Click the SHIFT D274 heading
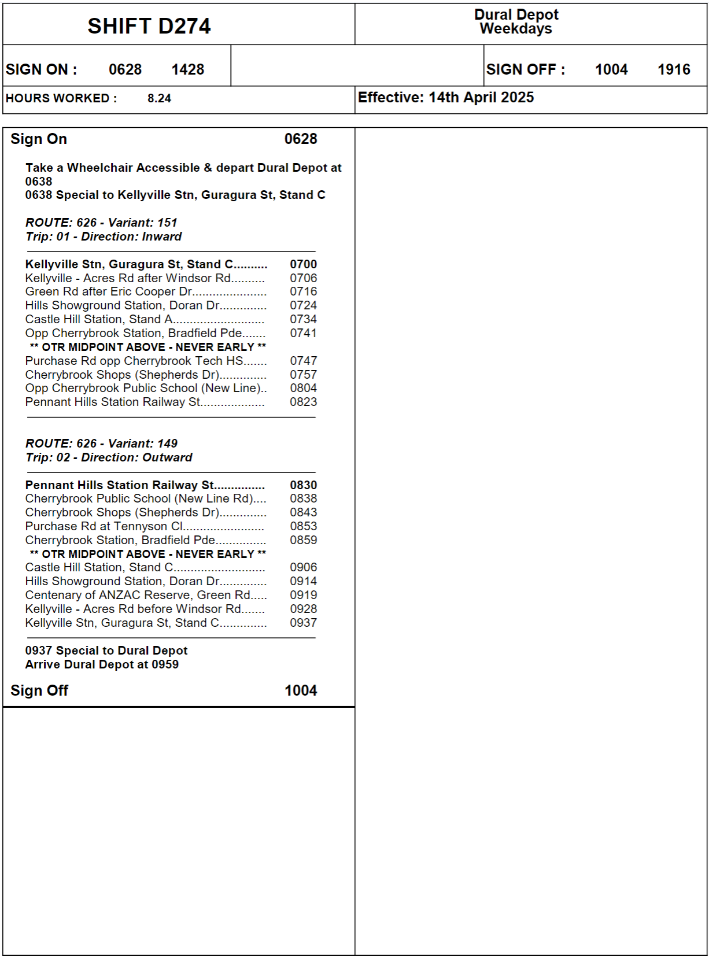point(149,26)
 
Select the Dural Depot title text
point(516,14)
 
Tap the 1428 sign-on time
point(188,69)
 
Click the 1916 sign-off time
point(674,69)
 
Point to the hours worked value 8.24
point(159,98)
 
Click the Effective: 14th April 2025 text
point(446,97)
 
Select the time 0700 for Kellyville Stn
point(304,264)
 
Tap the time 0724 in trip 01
point(304,305)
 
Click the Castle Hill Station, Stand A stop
point(99,319)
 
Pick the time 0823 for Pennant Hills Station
point(304,402)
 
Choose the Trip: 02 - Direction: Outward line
point(109,457)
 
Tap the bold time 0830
point(304,485)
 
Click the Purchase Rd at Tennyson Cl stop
point(104,526)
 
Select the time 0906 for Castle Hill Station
point(304,567)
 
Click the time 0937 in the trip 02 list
point(304,623)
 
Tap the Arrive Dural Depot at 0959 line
point(102,664)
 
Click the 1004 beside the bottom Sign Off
point(301,690)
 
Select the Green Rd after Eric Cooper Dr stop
point(109,291)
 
